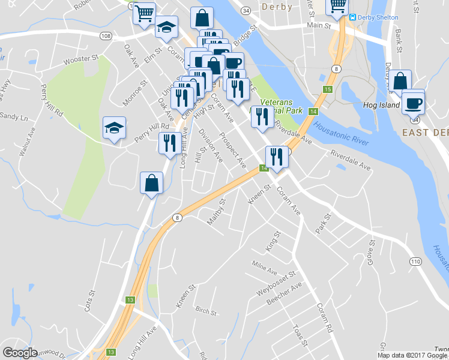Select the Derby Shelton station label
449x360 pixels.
point(378,17)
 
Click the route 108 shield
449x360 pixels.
point(106,36)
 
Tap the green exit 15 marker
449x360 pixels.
point(327,89)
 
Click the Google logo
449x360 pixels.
point(20,353)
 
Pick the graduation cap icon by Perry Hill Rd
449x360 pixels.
point(114,128)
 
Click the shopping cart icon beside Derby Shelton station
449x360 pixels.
point(337,7)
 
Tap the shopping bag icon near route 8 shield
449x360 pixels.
point(152,183)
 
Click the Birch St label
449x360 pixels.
point(205,310)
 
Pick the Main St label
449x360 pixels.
point(319,26)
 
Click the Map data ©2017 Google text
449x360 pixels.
point(412,355)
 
